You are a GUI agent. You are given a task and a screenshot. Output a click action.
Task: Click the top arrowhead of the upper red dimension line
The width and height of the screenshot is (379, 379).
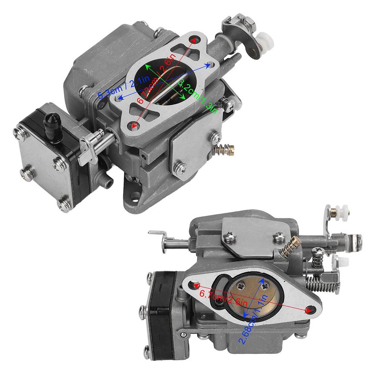(194, 39)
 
